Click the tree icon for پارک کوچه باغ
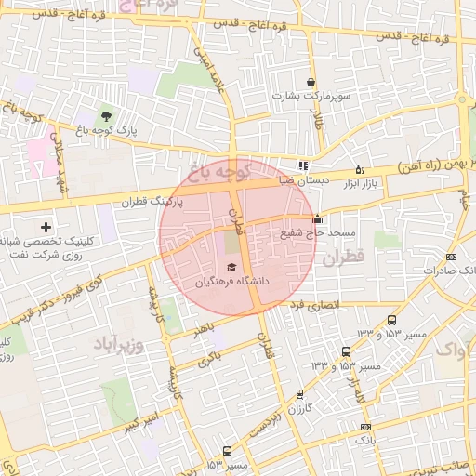click(107, 117)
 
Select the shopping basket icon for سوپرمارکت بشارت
click(311, 82)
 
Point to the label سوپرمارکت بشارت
click(310, 96)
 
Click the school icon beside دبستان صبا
click(303, 165)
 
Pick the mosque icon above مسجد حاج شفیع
click(319, 219)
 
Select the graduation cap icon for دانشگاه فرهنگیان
click(231, 267)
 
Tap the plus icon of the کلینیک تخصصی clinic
click(46, 227)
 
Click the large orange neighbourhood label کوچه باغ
click(219, 170)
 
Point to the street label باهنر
click(204, 328)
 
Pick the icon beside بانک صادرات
click(452, 257)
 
